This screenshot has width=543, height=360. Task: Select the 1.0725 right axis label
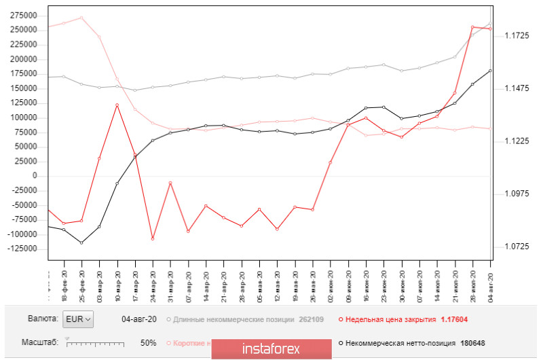coord(514,247)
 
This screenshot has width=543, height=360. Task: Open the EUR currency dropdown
coord(78,319)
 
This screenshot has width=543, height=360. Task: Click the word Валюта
coord(43,319)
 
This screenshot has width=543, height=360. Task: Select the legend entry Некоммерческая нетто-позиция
coord(392,343)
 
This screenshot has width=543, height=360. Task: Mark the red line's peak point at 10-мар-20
coord(117,105)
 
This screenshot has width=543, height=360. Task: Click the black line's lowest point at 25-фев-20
coord(81,243)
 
